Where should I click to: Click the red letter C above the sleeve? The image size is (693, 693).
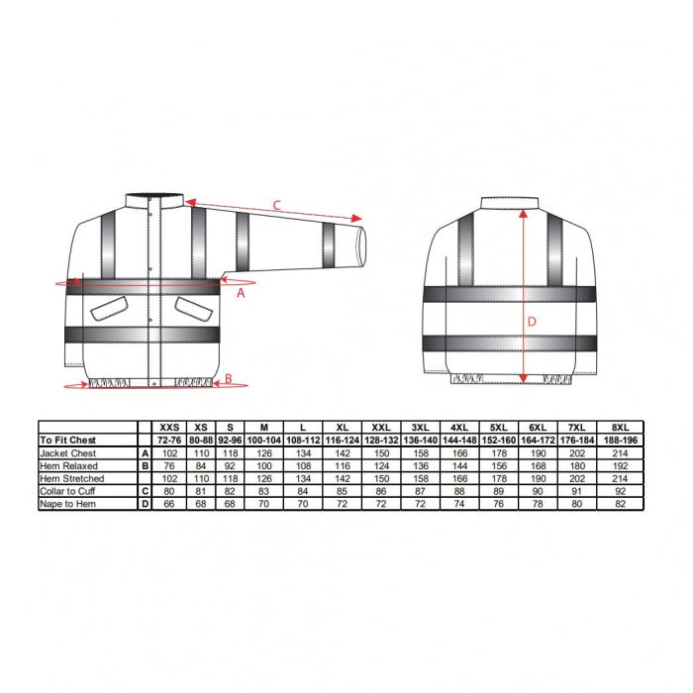pyautogui.click(x=277, y=206)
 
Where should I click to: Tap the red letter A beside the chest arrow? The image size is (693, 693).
pyautogui.click(x=241, y=293)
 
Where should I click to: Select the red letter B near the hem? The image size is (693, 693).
pyautogui.click(x=229, y=378)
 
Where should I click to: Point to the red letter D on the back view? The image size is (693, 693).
pyautogui.click(x=532, y=322)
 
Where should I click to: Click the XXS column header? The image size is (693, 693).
pyautogui.click(x=169, y=428)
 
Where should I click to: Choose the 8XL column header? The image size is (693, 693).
pyautogui.click(x=620, y=428)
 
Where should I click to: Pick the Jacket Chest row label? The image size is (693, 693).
pyautogui.click(x=67, y=453)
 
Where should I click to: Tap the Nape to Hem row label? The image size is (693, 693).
pyautogui.click(x=67, y=504)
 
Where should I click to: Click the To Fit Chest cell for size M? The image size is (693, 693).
pyautogui.click(x=264, y=441)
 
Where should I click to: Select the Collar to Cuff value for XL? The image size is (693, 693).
pyautogui.click(x=343, y=491)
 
